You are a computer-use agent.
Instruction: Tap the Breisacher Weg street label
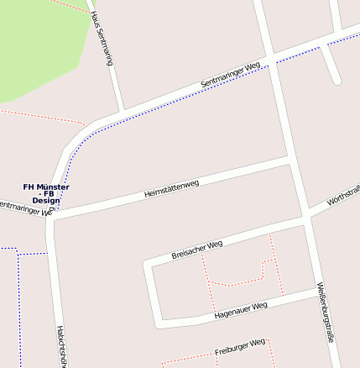click(196, 248)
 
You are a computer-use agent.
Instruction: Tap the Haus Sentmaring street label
click(101, 38)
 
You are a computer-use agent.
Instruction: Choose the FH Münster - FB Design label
click(46, 194)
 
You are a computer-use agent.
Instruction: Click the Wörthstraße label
click(342, 197)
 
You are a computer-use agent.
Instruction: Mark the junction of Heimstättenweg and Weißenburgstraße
click(290, 159)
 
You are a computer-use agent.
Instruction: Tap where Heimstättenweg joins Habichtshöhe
click(53, 218)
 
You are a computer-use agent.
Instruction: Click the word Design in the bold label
click(46, 202)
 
